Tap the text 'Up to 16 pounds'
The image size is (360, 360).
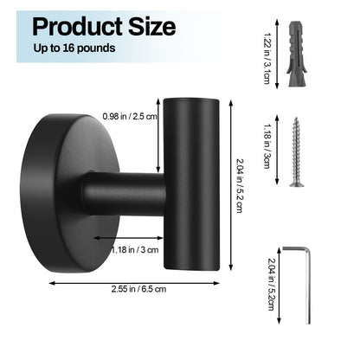click(74, 48)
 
